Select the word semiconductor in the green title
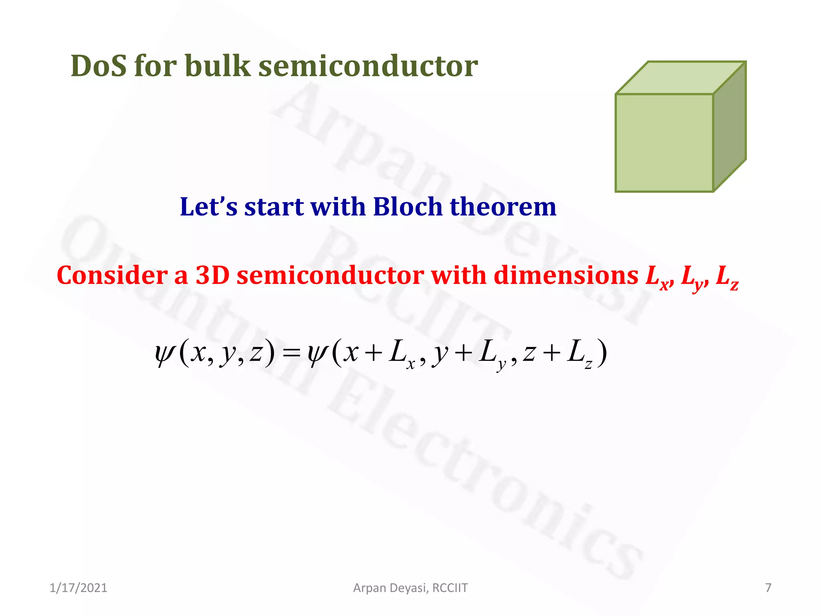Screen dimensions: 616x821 (x=368, y=66)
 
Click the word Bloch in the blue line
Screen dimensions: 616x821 (x=408, y=207)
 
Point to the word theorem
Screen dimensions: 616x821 (x=503, y=207)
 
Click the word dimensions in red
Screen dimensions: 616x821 (x=566, y=276)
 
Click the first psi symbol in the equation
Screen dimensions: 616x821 (x=165, y=353)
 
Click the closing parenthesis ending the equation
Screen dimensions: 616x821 (x=602, y=353)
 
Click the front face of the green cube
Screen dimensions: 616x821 (x=664, y=143)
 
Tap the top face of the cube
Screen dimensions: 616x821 (x=680, y=78)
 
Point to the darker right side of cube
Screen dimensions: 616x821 (x=730, y=126)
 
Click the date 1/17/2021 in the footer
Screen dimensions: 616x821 (x=78, y=588)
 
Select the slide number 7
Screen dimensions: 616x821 (x=768, y=588)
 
